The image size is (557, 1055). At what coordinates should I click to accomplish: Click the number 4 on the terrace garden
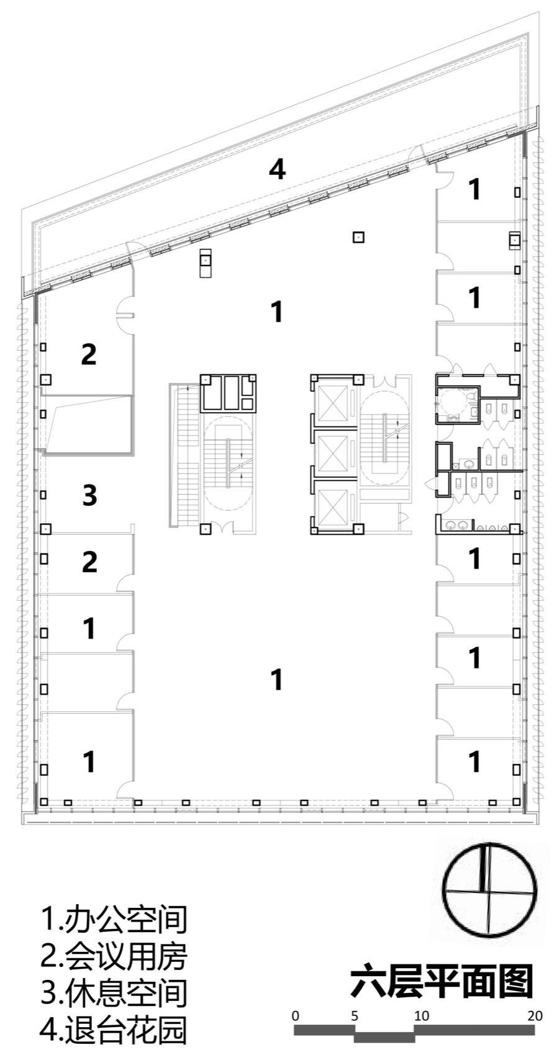coord(277,169)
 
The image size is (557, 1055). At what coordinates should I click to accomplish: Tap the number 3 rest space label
coord(89,495)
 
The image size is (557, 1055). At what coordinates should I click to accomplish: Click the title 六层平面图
coord(441,981)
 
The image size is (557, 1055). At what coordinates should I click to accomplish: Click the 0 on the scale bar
coord(296,1015)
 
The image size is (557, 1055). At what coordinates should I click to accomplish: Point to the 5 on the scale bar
coord(355,1015)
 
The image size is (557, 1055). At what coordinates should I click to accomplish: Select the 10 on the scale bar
coord(422,1015)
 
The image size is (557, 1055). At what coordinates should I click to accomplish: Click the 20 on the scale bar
coord(535,1015)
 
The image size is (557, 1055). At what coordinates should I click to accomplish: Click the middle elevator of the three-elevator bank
coord(333,454)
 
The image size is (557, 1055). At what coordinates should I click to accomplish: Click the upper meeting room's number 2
coord(89,354)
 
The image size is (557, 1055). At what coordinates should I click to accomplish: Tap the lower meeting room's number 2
coord(89,562)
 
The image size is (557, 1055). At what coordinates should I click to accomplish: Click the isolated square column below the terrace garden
coord(358,237)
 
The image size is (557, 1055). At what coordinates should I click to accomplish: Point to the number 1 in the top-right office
coord(474,189)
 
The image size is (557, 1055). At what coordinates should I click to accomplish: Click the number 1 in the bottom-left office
coord(89,762)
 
